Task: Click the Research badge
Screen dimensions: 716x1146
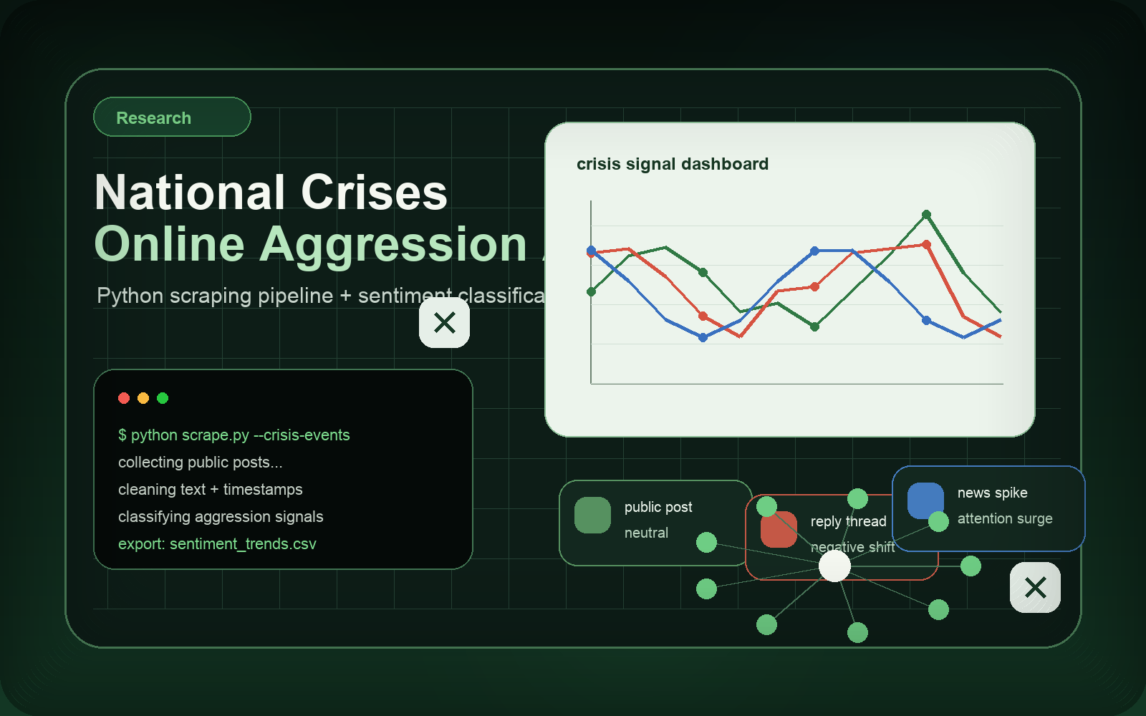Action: pyautogui.click(x=172, y=117)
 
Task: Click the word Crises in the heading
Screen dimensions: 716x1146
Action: pyautogui.click(x=374, y=193)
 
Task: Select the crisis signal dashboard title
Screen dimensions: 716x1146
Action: pyautogui.click(x=672, y=164)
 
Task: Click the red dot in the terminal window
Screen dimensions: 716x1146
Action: pyautogui.click(x=124, y=398)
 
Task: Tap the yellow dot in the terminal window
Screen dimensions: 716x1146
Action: pyautogui.click(x=143, y=398)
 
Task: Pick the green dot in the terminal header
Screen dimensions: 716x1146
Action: pyautogui.click(x=163, y=398)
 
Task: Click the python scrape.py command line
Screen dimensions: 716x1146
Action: pyautogui.click(x=233, y=435)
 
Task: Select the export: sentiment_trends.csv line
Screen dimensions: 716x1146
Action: pyautogui.click(x=217, y=543)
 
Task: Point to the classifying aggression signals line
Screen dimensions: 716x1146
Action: pyautogui.click(x=221, y=516)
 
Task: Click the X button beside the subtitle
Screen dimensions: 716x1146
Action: pyautogui.click(x=444, y=323)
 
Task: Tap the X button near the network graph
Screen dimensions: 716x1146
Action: pyautogui.click(x=1035, y=588)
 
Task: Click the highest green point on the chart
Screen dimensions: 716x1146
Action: pyautogui.click(x=926, y=215)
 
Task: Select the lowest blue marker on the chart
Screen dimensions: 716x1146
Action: pyautogui.click(x=703, y=337)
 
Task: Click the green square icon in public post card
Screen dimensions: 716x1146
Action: pyautogui.click(x=592, y=515)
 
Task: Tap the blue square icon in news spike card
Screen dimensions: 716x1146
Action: pyautogui.click(x=925, y=500)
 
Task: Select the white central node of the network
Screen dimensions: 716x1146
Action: pyautogui.click(x=834, y=566)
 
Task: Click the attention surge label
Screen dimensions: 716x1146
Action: pyautogui.click(x=1004, y=518)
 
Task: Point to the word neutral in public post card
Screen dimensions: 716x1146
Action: pyautogui.click(x=646, y=533)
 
